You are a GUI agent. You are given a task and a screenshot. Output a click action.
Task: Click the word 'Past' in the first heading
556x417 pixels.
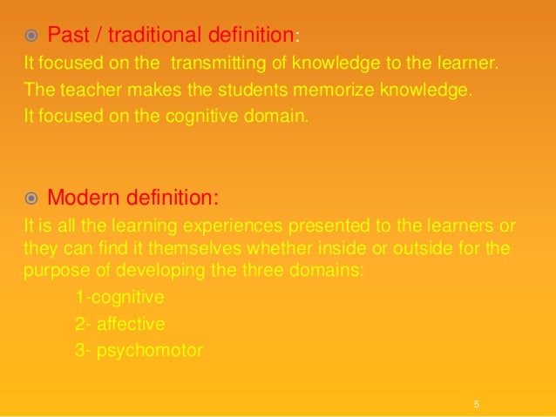click(x=67, y=36)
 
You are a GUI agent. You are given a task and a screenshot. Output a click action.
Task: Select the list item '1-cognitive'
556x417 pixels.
click(x=119, y=297)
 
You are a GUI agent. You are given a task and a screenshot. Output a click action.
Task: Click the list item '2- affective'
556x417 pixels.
click(x=119, y=324)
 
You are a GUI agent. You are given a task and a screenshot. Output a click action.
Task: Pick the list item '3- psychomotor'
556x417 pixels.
click(x=139, y=351)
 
